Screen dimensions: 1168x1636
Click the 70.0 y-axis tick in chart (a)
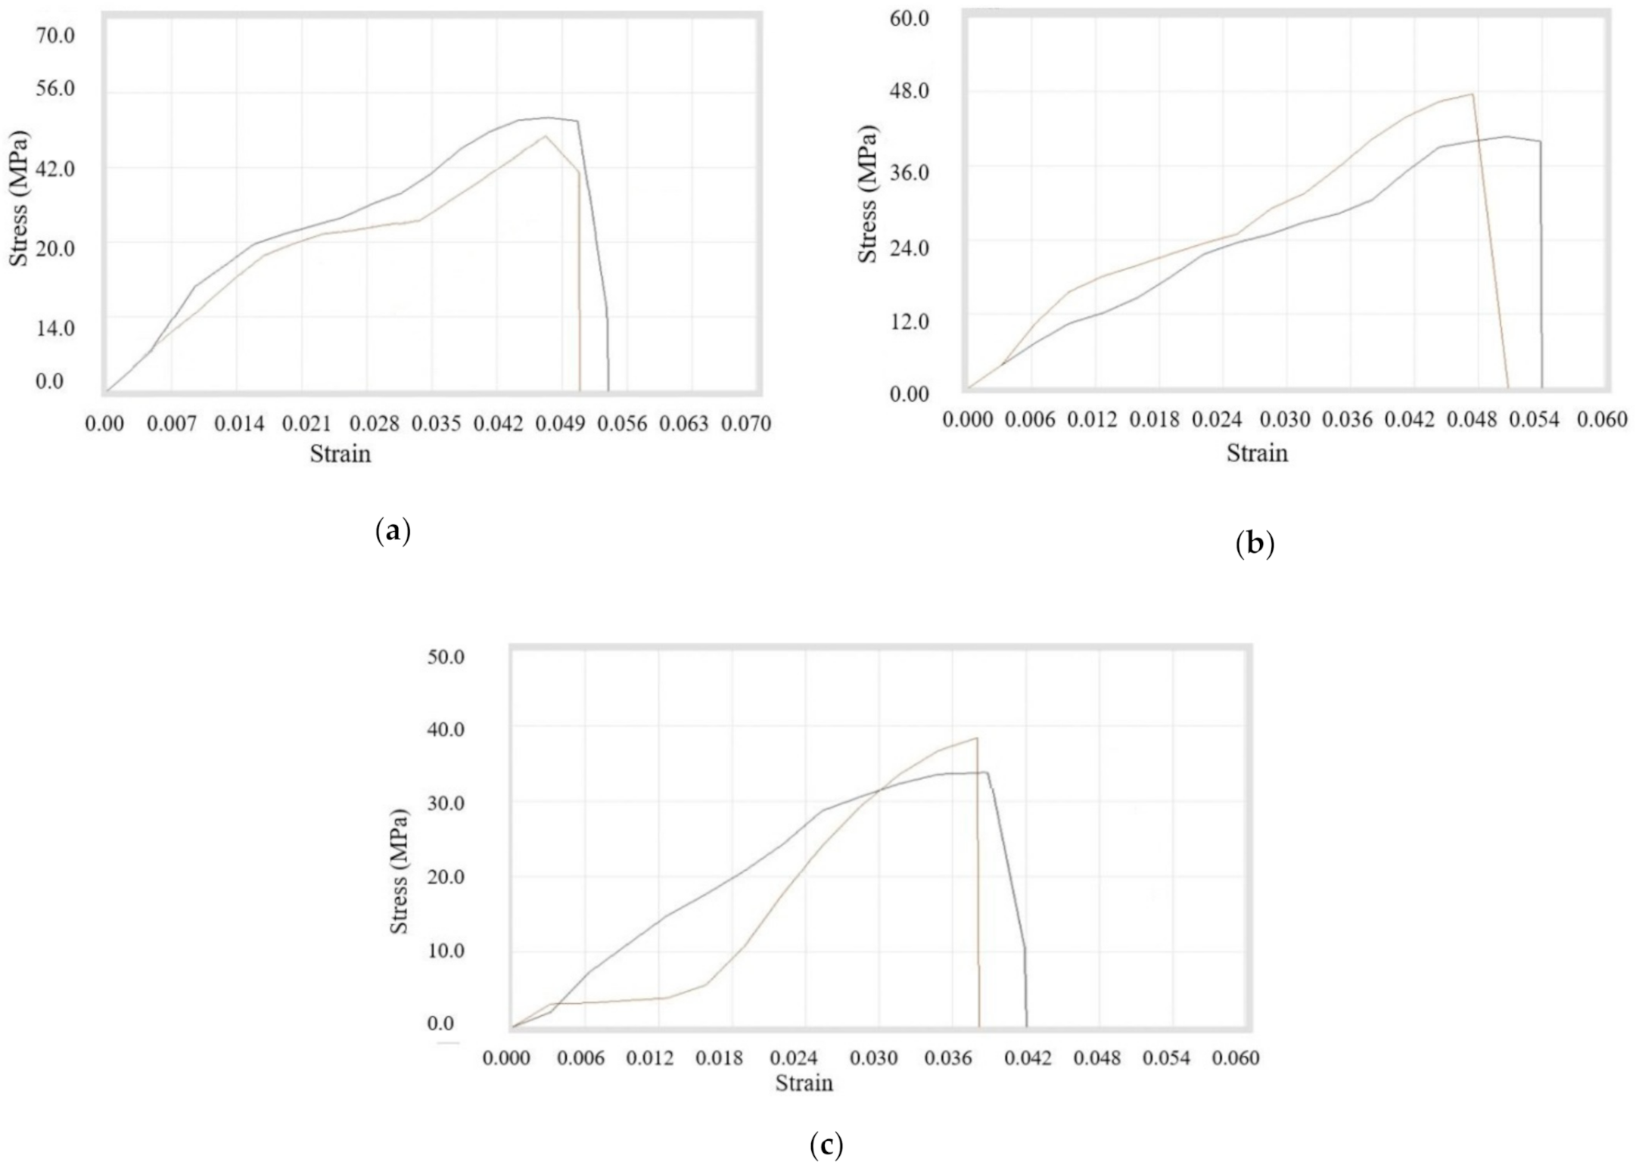point(55,35)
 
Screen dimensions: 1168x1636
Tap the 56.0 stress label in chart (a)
point(55,89)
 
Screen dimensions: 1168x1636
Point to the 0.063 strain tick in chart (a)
point(683,424)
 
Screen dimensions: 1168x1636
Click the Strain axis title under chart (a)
point(341,454)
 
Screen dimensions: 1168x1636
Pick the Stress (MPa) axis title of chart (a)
point(19,198)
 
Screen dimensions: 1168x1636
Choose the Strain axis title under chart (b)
point(1257,453)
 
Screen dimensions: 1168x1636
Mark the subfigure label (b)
point(1255,543)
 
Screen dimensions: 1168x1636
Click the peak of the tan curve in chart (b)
point(1473,95)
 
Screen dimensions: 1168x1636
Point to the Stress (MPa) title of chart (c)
point(400,871)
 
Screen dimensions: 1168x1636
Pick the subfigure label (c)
point(826,1146)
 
